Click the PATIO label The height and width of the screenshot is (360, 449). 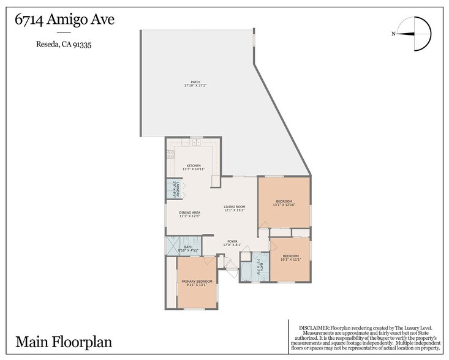point(195,82)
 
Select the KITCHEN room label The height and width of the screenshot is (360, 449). point(194,165)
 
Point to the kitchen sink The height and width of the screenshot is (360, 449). point(195,143)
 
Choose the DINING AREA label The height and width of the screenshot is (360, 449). point(189,212)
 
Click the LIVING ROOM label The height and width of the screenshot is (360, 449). point(234,207)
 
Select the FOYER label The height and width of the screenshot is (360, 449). point(233,241)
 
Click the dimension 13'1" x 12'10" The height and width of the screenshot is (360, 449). point(284,205)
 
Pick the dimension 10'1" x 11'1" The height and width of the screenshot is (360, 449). point(290,260)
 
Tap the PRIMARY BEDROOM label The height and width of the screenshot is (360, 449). point(197,281)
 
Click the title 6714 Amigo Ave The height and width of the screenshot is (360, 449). point(64,20)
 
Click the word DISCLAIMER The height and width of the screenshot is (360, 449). point(314,328)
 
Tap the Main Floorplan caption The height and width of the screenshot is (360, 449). point(64,340)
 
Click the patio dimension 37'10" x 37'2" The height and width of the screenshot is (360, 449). point(195,86)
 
